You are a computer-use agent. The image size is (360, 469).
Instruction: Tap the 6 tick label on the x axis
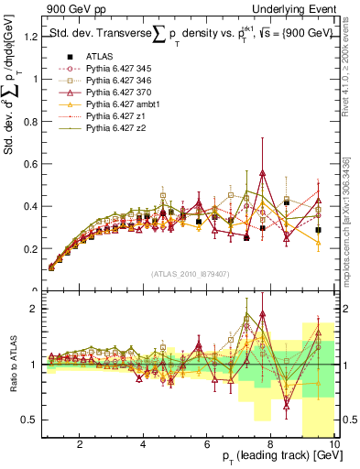click(207, 444)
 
